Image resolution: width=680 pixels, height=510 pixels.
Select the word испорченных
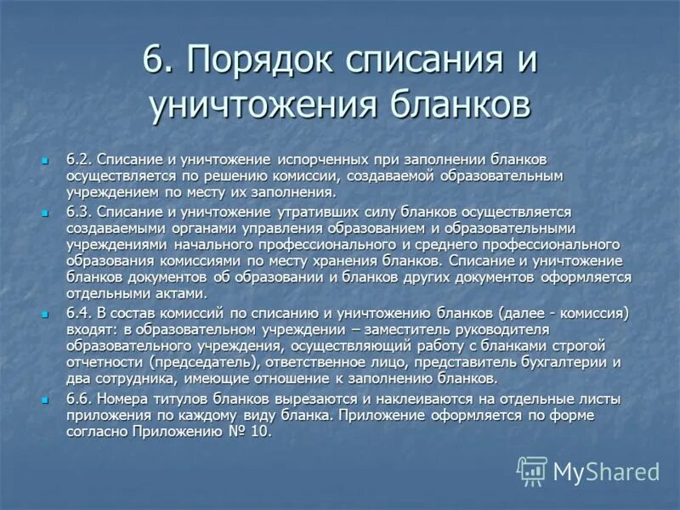(x=317, y=160)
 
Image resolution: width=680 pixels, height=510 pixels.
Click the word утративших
(x=322, y=212)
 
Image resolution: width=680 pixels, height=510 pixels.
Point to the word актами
(x=180, y=293)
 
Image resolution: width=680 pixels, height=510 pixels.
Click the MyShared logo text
(x=606, y=471)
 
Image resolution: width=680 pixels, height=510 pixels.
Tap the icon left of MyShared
(x=533, y=470)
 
